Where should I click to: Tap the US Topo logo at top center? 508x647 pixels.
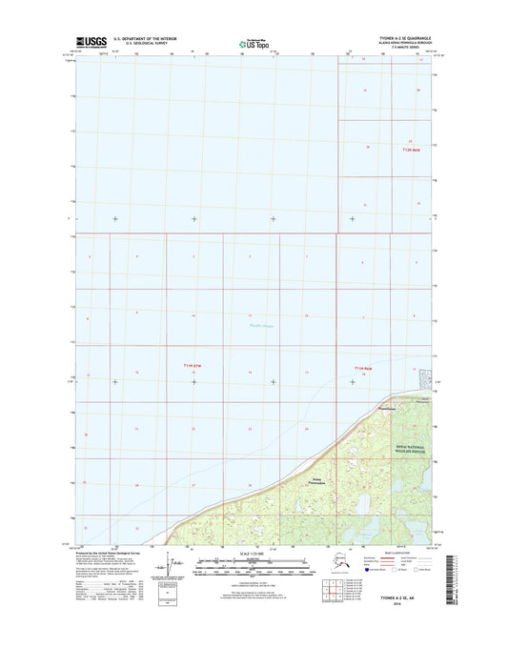[253, 43]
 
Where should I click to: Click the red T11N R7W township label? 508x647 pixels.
[193, 366]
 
